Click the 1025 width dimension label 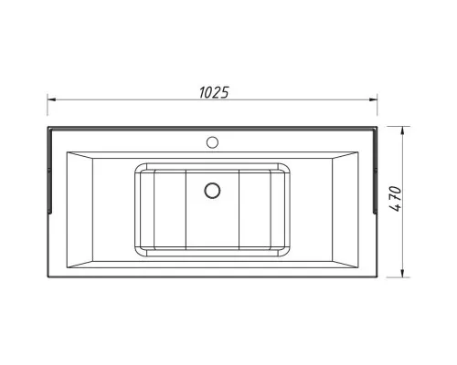214,92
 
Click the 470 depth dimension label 396,199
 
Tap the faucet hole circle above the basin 212,142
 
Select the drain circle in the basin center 212,191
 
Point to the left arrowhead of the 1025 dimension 51,99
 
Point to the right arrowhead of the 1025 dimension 373,99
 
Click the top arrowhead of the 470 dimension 402,130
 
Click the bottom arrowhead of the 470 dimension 402,273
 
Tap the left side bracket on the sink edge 50,171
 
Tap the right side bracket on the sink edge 375,171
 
